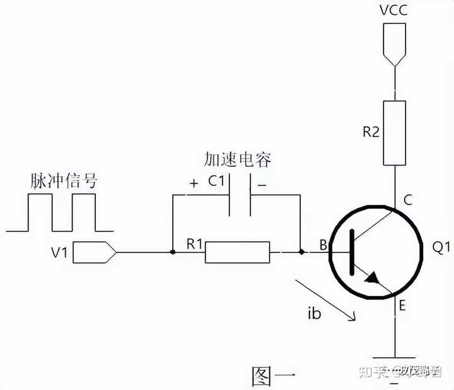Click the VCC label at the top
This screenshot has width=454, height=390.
(x=393, y=11)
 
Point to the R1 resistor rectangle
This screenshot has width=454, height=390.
(x=238, y=252)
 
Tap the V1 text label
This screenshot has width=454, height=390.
(x=60, y=252)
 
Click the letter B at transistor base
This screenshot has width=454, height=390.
(x=323, y=245)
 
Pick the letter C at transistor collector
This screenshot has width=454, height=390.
(x=407, y=201)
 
